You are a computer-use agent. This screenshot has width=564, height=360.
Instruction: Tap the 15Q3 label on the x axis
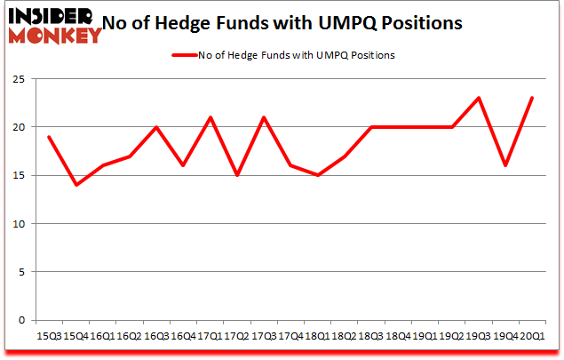click(49, 336)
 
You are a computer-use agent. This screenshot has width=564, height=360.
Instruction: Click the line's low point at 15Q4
click(75, 185)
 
